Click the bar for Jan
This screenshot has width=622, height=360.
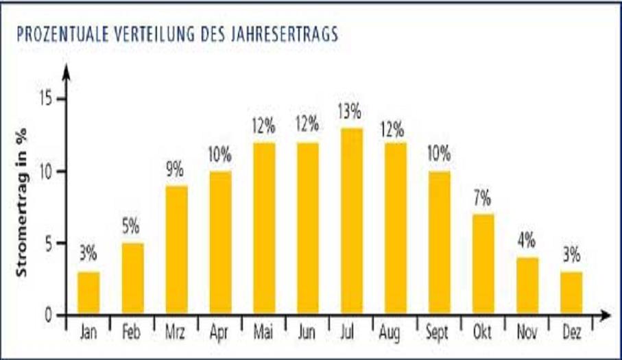(88, 293)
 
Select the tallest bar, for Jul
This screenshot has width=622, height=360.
(351, 221)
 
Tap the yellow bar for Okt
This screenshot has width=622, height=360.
(483, 265)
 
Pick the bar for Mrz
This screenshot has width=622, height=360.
(176, 250)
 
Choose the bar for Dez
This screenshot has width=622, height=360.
(571, 293)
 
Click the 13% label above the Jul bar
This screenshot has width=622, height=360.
(350, 110)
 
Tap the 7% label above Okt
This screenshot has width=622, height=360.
(482, 198)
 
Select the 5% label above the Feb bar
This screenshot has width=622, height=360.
(132, 226)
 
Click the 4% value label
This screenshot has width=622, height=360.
(526, 241)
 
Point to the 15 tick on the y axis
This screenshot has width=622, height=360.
(46, 99)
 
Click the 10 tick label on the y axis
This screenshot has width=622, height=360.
(46, 171)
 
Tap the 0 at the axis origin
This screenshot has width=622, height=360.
(49, 315)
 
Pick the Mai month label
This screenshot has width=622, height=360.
(263, 333)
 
